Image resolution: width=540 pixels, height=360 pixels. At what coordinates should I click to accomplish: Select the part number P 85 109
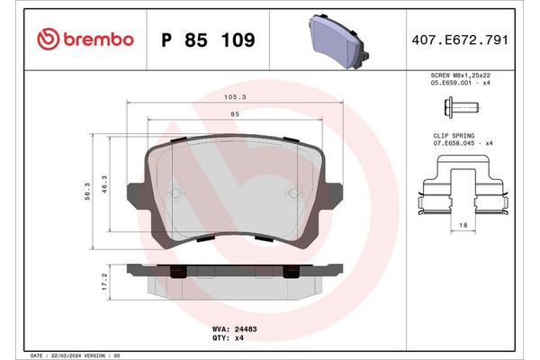click(207, 40)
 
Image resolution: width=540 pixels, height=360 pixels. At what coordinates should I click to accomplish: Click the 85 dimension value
click(234, 113)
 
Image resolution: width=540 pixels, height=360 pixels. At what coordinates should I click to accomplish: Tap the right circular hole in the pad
click(292, 193)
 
